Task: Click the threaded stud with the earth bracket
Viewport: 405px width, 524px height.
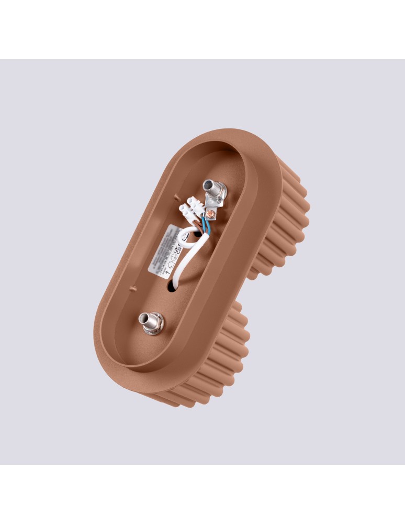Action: [x=211, y=186]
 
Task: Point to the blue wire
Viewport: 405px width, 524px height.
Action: [x=207, y=226]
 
